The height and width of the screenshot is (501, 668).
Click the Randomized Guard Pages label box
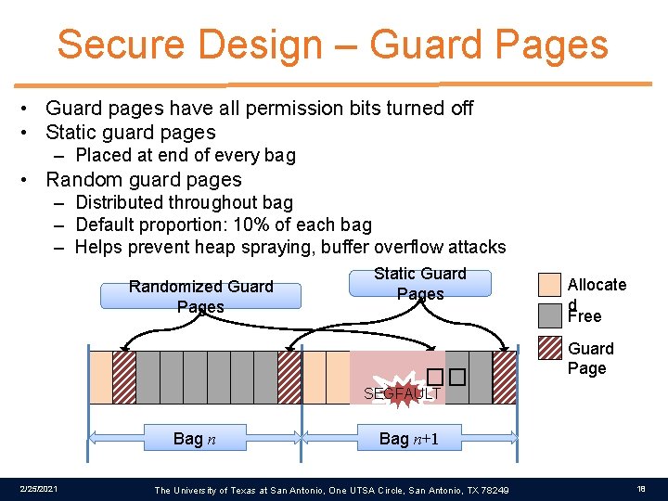point(201,295)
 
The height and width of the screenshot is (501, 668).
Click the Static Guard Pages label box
point(420,283)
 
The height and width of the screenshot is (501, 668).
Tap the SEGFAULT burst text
point(402,393)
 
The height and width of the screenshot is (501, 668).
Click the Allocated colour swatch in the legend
point(550,285)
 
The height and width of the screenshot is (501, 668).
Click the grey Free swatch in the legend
point(550,315)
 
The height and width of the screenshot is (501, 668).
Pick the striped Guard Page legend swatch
point(550,348)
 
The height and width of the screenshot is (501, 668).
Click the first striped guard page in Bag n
point(124,377)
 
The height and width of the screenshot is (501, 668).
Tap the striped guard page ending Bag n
point(289,377)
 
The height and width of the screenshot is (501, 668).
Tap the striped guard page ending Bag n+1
point(505,377)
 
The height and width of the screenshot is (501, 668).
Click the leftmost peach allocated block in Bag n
point(100,377)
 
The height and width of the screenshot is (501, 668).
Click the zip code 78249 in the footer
point(494,490)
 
